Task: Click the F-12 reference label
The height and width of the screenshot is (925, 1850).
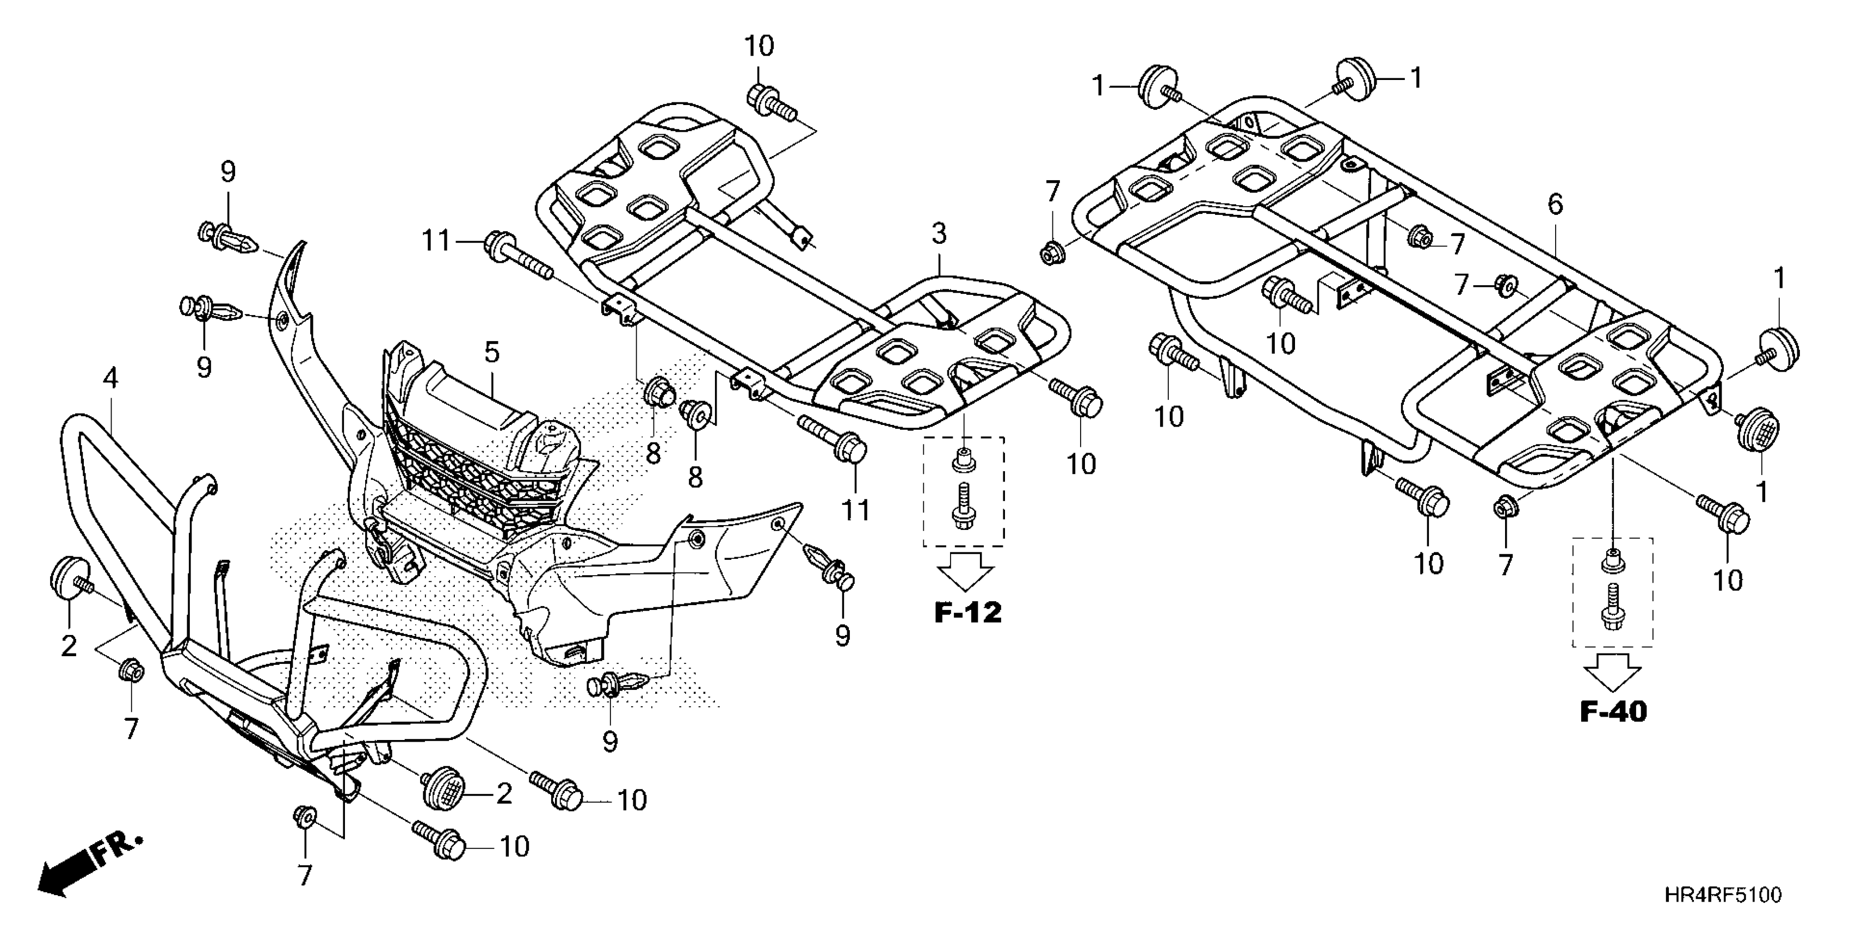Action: point(967,613)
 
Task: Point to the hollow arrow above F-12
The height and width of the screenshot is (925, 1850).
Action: point(966,572)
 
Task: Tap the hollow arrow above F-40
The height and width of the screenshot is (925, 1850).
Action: point(1613,672)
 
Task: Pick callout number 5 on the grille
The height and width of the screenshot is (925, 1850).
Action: point(491,353)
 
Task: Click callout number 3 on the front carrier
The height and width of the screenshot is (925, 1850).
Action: point(939,233)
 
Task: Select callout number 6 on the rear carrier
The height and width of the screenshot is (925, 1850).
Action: point(1555,205)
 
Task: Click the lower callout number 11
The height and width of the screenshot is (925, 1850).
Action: point(855,510)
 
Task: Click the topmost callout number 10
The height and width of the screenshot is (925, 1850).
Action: point(759,47)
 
